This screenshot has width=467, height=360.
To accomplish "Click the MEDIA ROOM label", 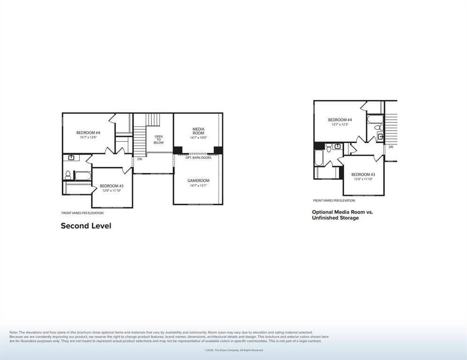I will (198, 131).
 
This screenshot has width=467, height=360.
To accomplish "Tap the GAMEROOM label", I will (198, 180).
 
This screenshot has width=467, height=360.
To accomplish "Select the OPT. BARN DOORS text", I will (198, 157).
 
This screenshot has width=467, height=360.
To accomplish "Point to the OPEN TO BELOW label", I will (158, 139).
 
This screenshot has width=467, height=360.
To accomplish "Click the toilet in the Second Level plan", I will (68, 175).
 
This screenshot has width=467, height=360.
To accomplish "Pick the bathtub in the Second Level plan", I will (83, 176).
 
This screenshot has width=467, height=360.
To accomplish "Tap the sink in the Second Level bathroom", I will (72, 157).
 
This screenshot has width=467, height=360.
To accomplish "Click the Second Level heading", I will (86, 226).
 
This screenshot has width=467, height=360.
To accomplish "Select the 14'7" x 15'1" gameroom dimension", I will (198, 186).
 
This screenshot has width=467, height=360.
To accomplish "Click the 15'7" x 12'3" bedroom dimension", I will (340, 125).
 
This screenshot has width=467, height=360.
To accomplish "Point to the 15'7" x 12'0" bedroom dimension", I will (88, 137).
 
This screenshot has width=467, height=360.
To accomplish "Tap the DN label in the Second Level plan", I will (140, 159).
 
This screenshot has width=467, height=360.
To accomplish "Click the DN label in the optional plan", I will (391, 147).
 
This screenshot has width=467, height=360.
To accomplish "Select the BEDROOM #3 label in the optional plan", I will (363, 174).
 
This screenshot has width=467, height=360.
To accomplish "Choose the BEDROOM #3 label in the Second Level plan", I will (112, 186).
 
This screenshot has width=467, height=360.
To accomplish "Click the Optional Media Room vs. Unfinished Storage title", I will (342, 215).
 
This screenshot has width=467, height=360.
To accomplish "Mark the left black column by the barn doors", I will (178, 150).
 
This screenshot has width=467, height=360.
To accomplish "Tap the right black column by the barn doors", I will (218, 150).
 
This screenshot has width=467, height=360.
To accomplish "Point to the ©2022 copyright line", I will (233, 350).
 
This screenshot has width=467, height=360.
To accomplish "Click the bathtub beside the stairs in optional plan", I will (376, 118).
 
